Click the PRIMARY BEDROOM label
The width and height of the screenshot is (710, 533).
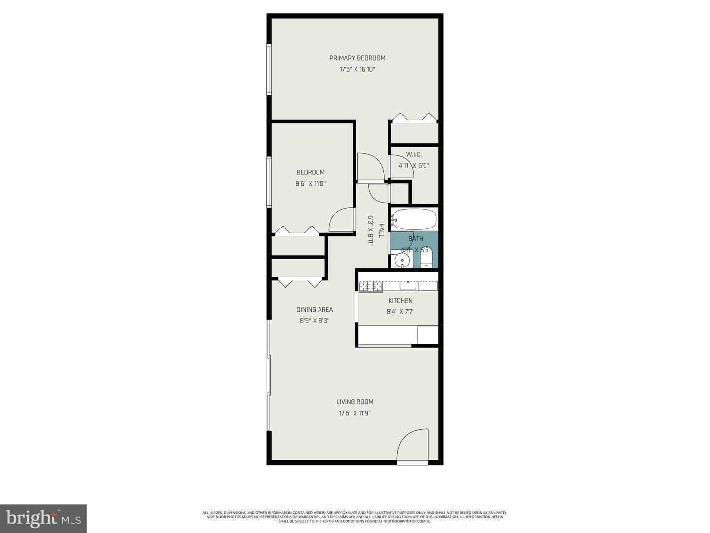(x=357, y=58)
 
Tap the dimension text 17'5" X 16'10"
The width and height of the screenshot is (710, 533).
(x=357, y=69)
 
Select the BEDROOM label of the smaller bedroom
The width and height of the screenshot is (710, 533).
(x=311, y=172)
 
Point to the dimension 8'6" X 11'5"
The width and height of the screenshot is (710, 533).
(x=311, y=184)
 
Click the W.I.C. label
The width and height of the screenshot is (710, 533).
(x=414, y=154)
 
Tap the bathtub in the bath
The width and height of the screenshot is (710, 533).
(x=414, y=219)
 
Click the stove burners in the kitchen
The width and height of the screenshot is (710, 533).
(x=370, y=286)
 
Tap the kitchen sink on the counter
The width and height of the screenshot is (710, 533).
(x=408, y=285)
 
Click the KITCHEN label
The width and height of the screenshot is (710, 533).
(x=400, y=301)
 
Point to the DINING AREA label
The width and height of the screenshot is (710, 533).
(x=315, y=310)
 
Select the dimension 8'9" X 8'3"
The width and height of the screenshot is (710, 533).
(x=315, y=321)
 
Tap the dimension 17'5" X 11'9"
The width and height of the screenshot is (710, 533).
(x=355, y=413)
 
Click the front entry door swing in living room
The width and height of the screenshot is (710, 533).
(x=413, y=445)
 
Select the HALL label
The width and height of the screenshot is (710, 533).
(x=381, y=230)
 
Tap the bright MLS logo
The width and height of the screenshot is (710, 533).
(x=43, y=518)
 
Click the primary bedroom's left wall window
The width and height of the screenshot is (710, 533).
(x=269, y=69)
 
